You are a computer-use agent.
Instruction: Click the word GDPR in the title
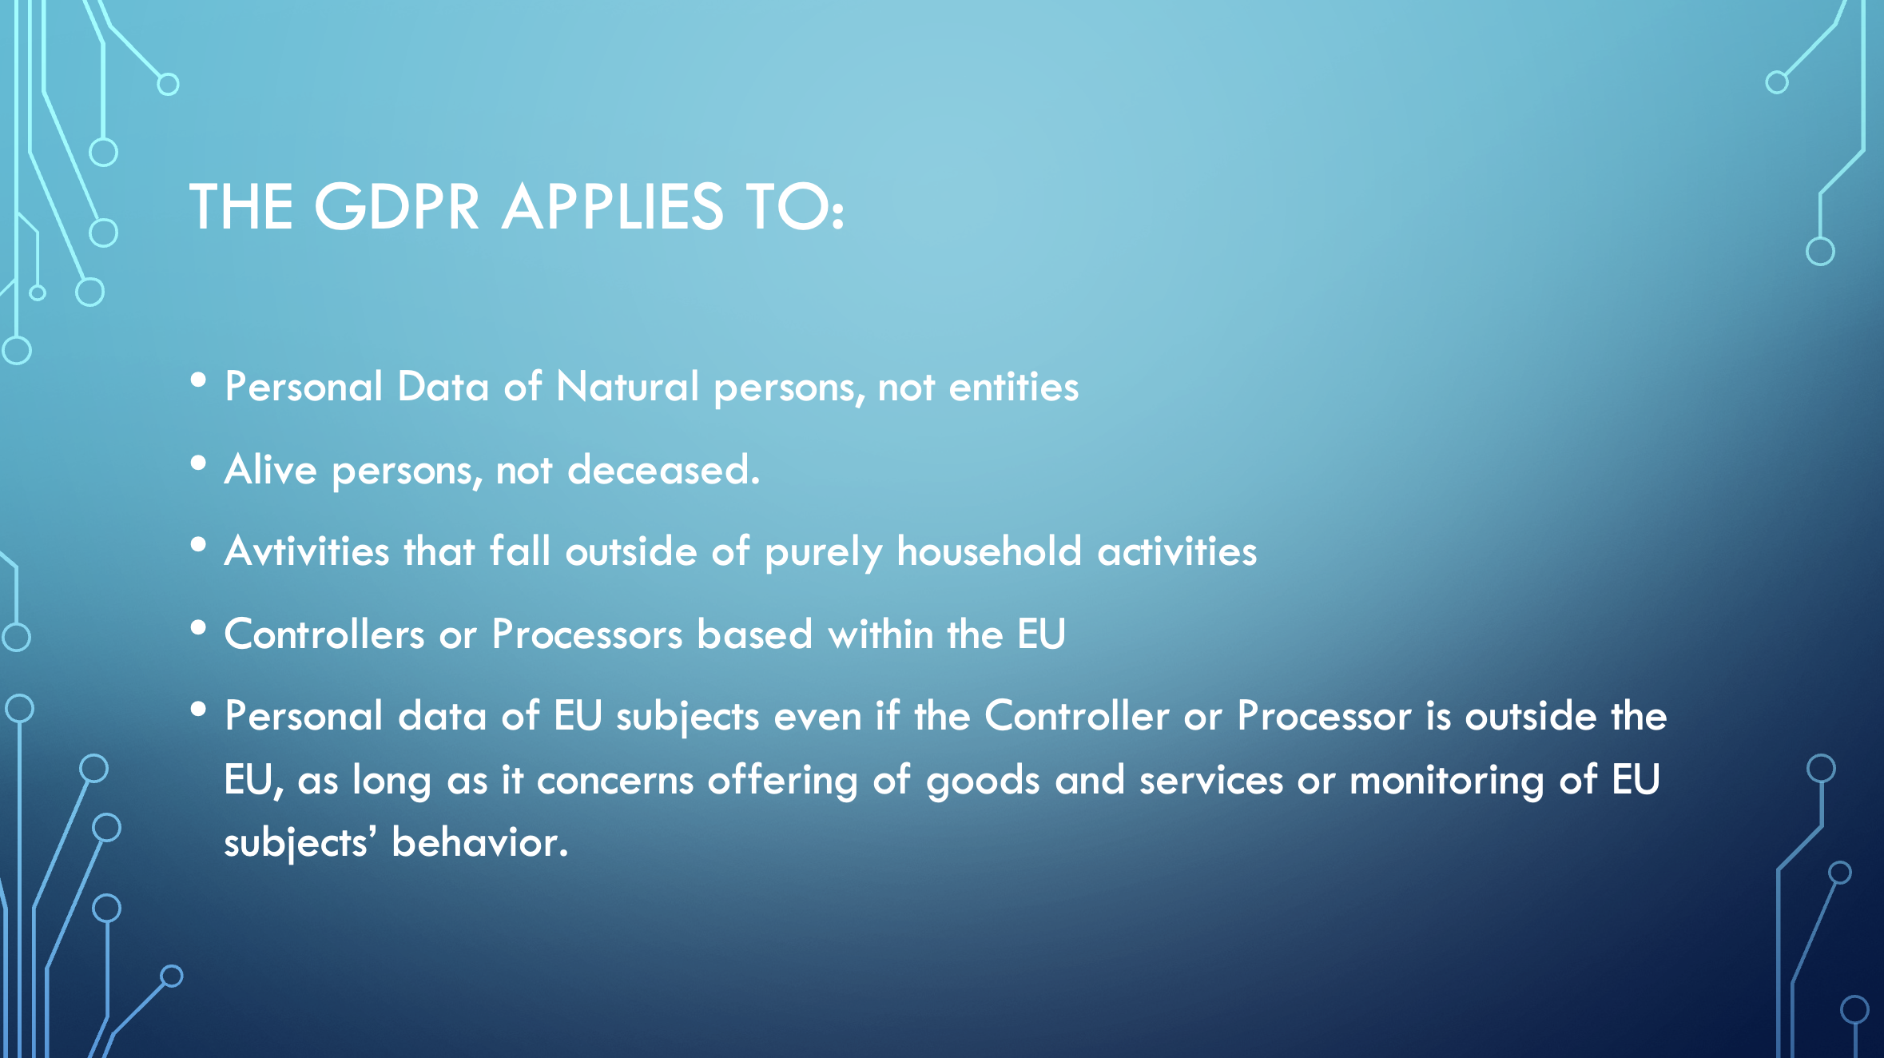[397, 206]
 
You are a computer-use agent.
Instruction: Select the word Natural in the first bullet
[627, 387]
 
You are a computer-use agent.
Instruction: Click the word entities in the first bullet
[1013, 387]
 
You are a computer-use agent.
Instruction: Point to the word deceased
[663, 469]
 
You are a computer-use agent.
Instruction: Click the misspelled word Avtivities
[307, 551]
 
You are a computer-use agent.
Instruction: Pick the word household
[989, 551]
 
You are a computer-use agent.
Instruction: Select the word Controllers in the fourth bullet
[324, 634]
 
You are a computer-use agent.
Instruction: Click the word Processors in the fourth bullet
[587, 634]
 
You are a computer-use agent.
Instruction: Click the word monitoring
[1447, 782]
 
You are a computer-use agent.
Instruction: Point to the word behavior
[479, 843]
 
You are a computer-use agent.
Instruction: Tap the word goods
[983, 782]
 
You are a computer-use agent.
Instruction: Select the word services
[1211, 781]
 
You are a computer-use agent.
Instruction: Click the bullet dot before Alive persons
[199, 463]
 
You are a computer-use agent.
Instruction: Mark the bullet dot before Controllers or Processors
[199, 628]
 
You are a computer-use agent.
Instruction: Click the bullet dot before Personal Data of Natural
[199, 380]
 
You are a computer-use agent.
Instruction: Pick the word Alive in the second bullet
[271, 469]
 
